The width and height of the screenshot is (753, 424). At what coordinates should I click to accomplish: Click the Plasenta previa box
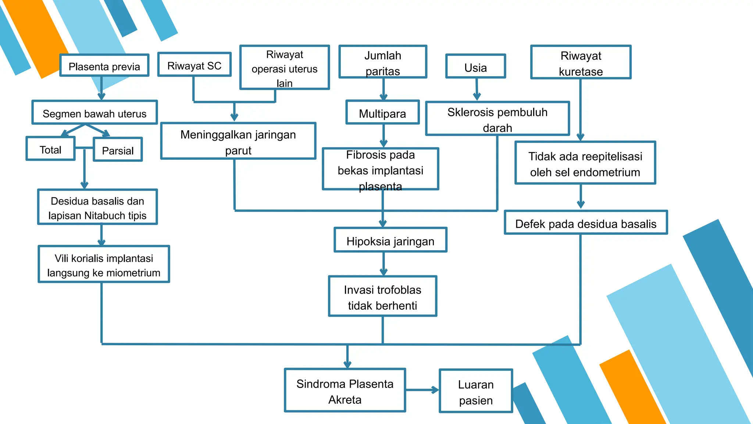point(104,66)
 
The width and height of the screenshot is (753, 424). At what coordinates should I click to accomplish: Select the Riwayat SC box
point(194,65)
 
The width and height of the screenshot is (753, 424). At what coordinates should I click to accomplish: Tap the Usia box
point(475,67)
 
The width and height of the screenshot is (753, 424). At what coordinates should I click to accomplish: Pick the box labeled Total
point(50,149)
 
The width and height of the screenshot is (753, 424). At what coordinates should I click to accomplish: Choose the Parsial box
point(118,150)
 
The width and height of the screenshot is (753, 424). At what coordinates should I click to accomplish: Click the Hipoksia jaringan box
point(390,241)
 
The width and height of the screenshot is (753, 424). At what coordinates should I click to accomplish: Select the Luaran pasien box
point(476,392)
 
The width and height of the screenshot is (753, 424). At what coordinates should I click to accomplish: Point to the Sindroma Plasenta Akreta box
point(345,391)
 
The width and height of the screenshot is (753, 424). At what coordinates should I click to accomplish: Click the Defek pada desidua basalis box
point(586,223)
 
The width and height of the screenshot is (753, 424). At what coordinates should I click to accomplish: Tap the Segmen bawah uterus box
point(94,113)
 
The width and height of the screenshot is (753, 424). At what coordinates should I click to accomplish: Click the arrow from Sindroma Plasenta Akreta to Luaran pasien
point(422,390)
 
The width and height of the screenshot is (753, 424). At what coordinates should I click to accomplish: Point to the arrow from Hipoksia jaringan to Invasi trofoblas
point(383,264)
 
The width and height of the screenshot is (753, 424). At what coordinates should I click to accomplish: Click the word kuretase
point(581,71)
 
